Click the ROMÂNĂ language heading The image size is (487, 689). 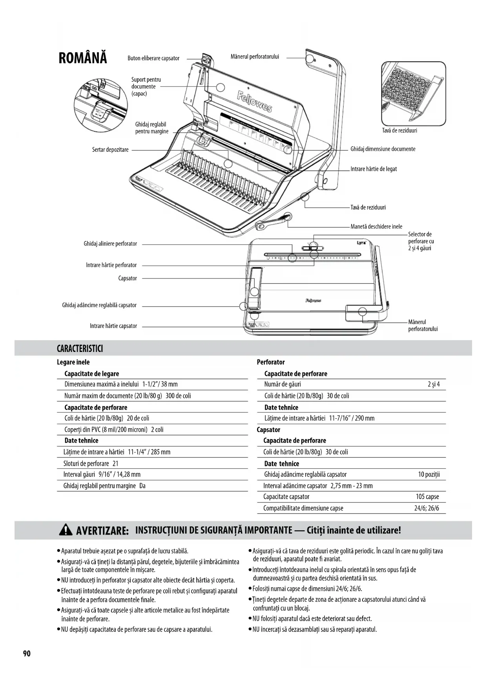tap(82, 58)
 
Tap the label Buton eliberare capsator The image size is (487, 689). tap(153, 58)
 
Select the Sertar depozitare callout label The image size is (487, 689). tap(110, 150)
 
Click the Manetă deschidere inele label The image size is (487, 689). tap(376, 227)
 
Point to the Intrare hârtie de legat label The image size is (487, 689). tap(373, 169)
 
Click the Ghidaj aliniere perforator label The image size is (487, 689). tap(110, 244)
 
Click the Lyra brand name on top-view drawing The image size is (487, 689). tap(361, 242)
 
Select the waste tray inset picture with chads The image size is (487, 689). tap(414, 94)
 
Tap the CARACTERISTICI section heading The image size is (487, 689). tap(80, 348)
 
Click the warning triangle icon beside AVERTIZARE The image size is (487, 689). tap(65, 531)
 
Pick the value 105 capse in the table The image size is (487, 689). tap(427, 497)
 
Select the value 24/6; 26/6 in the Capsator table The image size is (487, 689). tap(427, 508)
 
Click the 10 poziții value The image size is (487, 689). tap(429, 475)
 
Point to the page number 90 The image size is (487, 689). tap(27, 654)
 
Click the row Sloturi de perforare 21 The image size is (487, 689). tap(91, 464)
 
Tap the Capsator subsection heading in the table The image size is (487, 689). tap(268, 430)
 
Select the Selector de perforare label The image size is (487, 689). tap(421, 241)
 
